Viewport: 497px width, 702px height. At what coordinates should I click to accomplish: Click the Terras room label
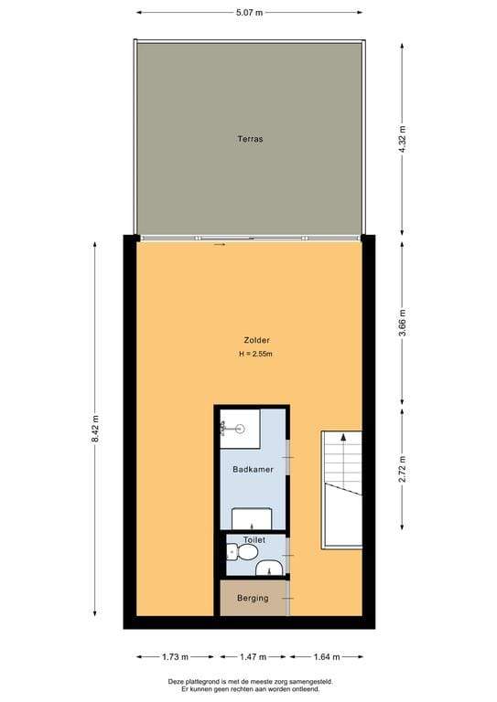(x=250, y=139)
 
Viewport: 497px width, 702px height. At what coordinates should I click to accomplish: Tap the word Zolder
(x=257, y=340)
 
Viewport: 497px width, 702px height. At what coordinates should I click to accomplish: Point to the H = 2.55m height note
(x=256, y=354)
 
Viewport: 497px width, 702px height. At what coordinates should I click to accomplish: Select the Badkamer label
(x=253, y=469)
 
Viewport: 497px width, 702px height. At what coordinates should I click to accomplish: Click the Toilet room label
(x=254, y=540)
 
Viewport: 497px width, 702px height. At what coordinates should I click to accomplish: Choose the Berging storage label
(x=253, y=598)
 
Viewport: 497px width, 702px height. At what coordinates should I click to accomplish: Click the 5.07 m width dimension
(x=249, y=13)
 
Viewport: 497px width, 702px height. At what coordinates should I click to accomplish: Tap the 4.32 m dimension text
(x=402, y=139)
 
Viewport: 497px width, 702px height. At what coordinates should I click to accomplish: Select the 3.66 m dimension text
(x=402, y=323)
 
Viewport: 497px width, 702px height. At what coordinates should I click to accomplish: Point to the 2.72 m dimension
(x=402, y=469)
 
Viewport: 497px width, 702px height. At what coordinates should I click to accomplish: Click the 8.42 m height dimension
(x=95, y=429)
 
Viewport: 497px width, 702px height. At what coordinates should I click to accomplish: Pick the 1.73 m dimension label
(x=175, y=657)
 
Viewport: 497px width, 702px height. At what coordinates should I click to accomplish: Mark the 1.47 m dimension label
(x=253, y=657)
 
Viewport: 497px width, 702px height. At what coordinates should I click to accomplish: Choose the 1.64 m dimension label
(x=326, y=657)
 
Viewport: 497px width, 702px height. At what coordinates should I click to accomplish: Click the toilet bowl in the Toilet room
(x=242, y=552)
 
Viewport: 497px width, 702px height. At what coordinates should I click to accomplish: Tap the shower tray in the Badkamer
(x=240, y=429)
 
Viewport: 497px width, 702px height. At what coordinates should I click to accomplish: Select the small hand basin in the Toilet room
(x=269, y=568)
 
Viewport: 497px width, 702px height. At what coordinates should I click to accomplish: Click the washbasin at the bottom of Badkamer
(x=252, y=518)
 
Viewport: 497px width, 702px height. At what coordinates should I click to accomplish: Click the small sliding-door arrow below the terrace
(x=220, y=245)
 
